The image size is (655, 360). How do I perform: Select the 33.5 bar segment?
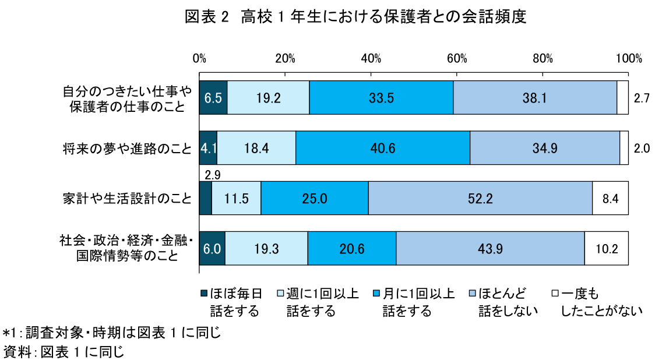381,98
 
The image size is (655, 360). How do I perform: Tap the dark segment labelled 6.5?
213,98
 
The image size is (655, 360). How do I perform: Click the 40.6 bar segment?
382,149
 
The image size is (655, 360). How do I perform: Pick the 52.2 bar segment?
480,199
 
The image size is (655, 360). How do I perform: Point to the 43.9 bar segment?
490,249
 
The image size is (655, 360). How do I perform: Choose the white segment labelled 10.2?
606,249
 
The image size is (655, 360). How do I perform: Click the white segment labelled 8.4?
610,199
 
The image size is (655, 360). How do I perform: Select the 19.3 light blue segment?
266,249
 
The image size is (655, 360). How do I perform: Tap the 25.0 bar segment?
315,199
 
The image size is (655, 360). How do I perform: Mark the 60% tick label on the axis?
457,58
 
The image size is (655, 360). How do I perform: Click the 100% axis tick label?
628,58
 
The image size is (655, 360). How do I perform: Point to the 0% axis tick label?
199,58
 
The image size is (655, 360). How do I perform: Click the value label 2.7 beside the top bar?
642,98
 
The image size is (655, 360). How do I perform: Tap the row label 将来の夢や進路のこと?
127,149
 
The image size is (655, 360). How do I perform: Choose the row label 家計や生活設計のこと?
127,199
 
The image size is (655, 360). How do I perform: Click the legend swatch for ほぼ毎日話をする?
203,293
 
